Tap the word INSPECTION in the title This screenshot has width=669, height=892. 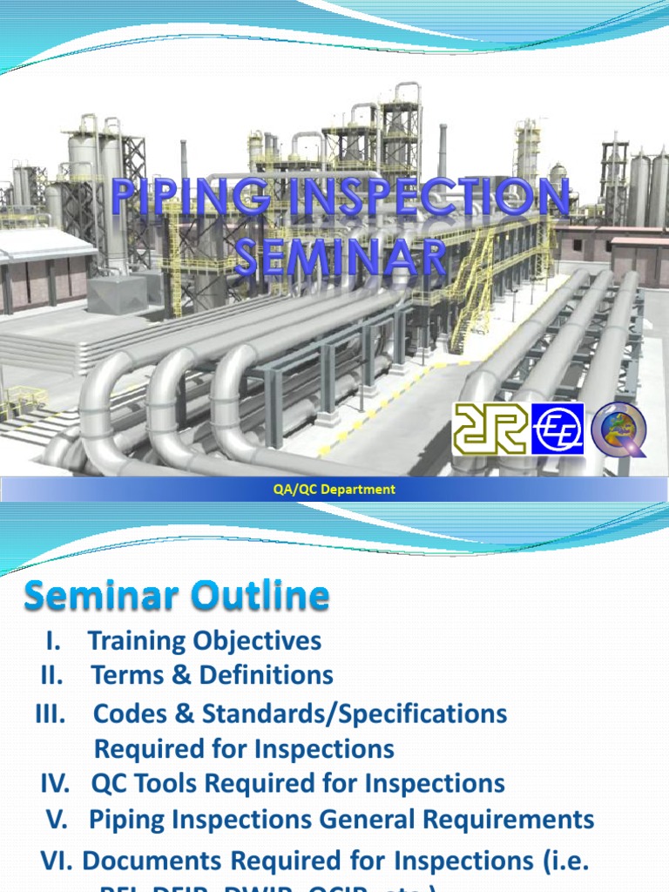(x=415, y=199)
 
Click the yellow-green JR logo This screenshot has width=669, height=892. (x=488, y=429)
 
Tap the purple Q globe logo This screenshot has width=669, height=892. (x=619, y=429)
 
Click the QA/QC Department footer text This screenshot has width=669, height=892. (x=334, y=490)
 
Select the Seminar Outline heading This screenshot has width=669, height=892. (x=177, y=598)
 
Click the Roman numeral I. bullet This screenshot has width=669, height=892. (x=54, y=642)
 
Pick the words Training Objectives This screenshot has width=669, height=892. (x=205, y=642)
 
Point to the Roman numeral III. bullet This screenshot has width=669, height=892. (x=51, y=714)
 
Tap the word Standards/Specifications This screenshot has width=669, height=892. (x=355, y=714)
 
